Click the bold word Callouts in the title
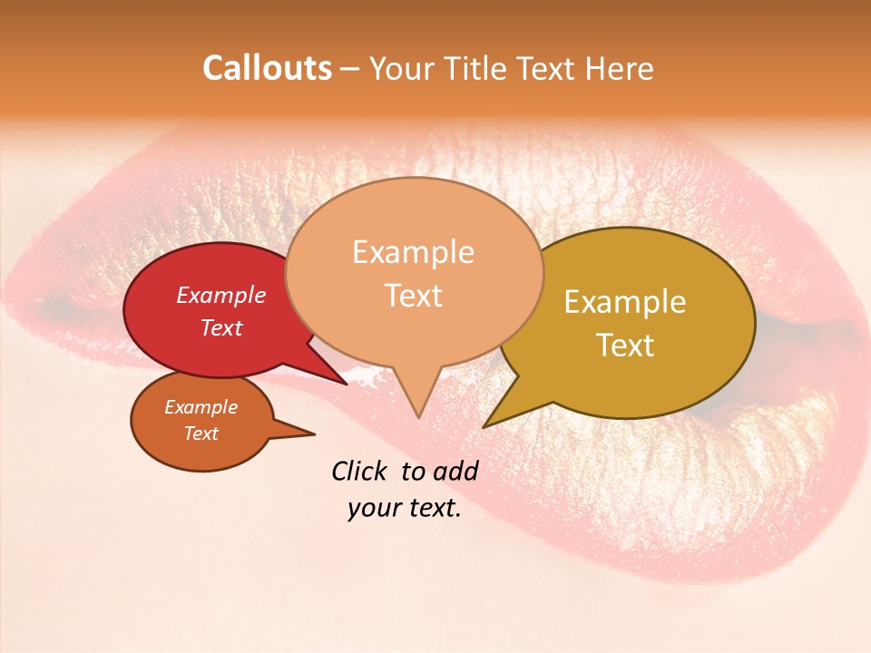[x=267, y=69]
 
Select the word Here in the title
[x=619, y=69]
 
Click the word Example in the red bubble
[x=221, y=295]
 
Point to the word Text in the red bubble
[x=221, y=327]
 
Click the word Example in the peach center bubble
[x=413, y=252]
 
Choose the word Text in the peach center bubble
[x=413, y=296]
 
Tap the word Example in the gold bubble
[x=625, y=302]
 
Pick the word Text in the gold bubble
[x=625, y=346]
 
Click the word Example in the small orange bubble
[x=201, y=407]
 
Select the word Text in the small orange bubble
[x=201, y=434]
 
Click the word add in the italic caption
[x=455, y=471]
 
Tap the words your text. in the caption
[x=405, y=508]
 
